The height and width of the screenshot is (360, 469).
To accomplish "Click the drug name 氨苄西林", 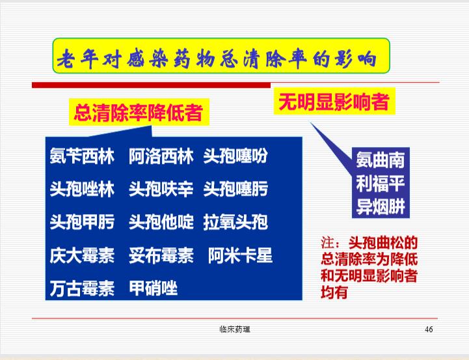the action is (x=82, y=156).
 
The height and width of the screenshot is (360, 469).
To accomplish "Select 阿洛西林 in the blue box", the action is (x=161, y=156).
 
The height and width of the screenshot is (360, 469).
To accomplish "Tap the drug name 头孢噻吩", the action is (x=235, y=156).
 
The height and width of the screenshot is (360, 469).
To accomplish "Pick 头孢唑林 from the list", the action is (x=82, y=189).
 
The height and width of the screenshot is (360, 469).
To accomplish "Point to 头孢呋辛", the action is (x=161, y=189).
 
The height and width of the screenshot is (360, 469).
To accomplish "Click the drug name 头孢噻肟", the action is (x=235, y=189).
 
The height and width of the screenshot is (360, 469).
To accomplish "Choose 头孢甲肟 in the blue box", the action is (x=82, y=222).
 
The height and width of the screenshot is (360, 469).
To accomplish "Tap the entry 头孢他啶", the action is (x=161, y=222).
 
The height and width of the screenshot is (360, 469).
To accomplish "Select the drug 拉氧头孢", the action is (x=235, y=222).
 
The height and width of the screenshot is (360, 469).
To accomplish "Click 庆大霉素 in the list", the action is (x=82, y=255).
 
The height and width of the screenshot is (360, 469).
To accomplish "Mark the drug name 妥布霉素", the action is (x=161, y=255).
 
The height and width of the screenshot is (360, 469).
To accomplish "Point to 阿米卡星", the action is (x=240, y=255).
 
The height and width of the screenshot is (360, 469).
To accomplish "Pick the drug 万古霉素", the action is (x=82, y=288).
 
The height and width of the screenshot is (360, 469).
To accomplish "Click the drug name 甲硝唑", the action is (x=153, y=288).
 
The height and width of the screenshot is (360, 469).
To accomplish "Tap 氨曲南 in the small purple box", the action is (x=380, y=160).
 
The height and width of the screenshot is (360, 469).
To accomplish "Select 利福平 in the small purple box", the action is (x=380, y=184).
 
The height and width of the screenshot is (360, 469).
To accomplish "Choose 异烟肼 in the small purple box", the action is (x=380, y=206).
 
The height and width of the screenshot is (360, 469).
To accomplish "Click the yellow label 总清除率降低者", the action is (x=139, y=113).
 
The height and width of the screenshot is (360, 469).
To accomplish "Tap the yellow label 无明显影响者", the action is (x=334, y=102).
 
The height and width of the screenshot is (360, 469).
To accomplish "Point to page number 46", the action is (x=429, y=329).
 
